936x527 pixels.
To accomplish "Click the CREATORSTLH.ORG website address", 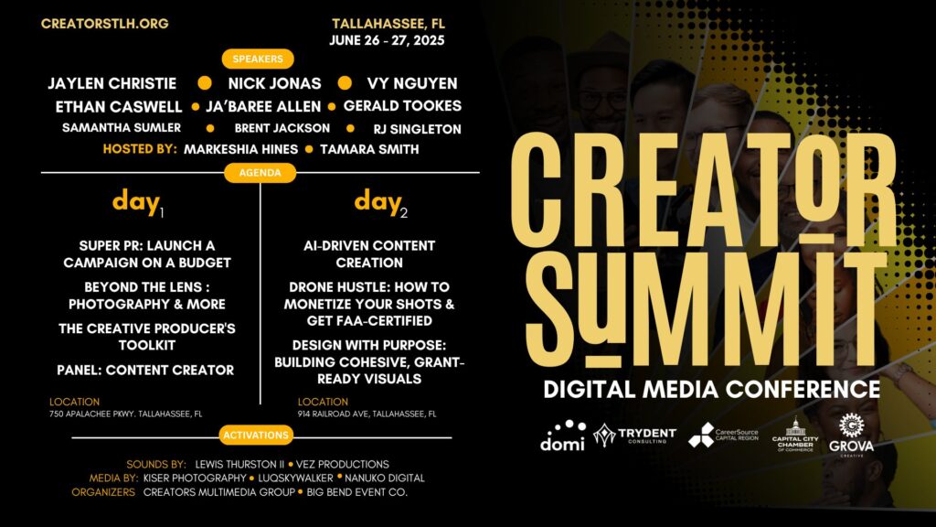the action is click(x=104, y=24).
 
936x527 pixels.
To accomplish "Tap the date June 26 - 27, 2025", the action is click(x=387, y=40).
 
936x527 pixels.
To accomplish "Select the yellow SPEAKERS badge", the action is click(x=258, y=59).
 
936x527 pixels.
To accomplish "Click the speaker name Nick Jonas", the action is click(x=274, y=83).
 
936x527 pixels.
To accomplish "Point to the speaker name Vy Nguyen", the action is click(x=412, y=83).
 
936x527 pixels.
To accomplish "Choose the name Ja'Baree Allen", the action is click(x=263, y=106).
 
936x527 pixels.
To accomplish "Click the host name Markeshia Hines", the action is click(x=240, y=149).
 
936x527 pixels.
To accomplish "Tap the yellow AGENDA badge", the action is click(x=260, y=173).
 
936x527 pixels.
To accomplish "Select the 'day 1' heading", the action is click(x=138, y=203).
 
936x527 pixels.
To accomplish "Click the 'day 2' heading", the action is click(x=381, y=203).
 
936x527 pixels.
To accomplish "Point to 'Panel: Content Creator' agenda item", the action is click(x=145, y=371).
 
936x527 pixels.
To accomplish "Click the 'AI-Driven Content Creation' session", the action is click(x=369, y=254).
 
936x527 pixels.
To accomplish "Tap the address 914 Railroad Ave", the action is click(x=367, y=414).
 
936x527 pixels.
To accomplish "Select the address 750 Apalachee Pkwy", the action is click(x=126, y=414).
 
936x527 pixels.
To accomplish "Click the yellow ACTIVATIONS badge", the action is click(x=256, y=435).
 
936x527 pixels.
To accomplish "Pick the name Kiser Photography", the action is click(x=195, y=478).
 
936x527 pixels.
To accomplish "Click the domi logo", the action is click(x=562, y=436).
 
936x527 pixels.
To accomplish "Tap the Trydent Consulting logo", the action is click(x=634, y=435).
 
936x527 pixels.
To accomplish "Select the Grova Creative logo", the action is click(x=851, y=435).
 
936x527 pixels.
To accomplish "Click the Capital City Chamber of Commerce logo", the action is click(x=795, y=435).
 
